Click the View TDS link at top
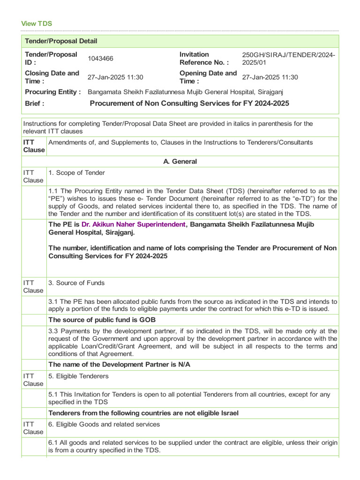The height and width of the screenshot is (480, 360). point(37,23)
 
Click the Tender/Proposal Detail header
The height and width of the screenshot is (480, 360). point(61,41)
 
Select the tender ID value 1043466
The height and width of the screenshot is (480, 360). point(100,59)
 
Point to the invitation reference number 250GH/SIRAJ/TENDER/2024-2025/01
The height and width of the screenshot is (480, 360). point(288,59)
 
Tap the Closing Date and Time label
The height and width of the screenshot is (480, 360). point(52,77)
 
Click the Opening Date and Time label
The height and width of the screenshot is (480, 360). point(208,77)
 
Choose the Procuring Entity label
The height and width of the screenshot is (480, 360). point(52,92)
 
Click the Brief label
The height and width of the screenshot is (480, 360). point(35,104)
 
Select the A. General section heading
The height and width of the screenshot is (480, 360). point(180,162)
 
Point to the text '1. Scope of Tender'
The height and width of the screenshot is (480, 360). point(76,173)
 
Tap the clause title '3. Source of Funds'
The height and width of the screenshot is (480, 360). point(76,283)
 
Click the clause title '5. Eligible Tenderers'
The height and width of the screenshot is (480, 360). point(78,376)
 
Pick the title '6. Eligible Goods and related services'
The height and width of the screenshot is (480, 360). point(104,424)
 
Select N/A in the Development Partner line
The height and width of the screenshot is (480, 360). point(184,365)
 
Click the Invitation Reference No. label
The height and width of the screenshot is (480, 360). point(204,59)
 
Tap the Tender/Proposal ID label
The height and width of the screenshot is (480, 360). point(51,59)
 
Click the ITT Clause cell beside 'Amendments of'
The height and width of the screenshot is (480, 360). point(34,146)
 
